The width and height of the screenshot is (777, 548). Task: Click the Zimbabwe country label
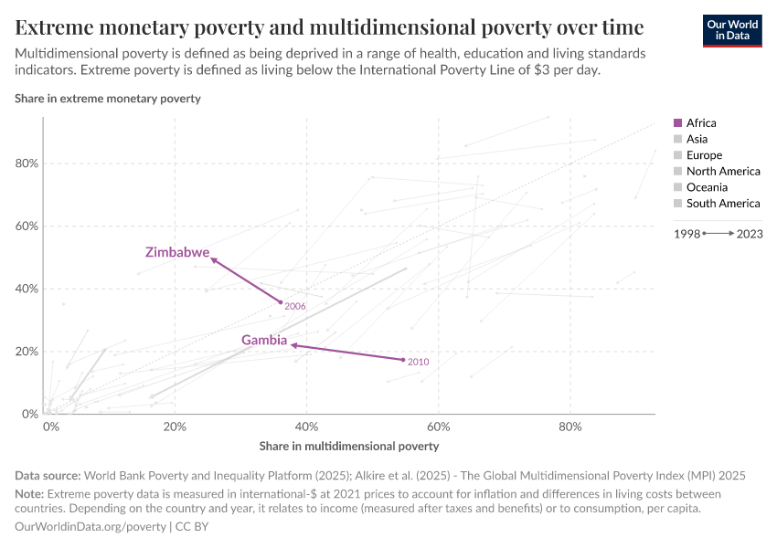177,252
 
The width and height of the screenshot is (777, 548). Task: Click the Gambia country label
264,341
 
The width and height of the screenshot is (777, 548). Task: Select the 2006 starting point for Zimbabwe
281,302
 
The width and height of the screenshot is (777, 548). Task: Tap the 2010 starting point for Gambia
403,360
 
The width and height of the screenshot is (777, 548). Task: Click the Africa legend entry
700,122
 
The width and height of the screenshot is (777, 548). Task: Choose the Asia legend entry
696,139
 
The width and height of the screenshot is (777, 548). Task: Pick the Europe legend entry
703,155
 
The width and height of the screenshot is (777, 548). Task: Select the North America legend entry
722,171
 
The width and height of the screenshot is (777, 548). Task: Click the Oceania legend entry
706,187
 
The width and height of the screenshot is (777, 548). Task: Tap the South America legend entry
722,204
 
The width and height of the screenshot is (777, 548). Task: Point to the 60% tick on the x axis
439,427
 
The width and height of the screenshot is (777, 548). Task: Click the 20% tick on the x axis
175,427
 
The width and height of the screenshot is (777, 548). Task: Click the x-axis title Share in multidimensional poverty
349,447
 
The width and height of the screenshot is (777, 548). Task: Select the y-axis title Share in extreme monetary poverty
108,98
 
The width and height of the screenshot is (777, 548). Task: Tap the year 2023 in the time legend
750,234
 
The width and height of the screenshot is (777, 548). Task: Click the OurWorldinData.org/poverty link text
90,527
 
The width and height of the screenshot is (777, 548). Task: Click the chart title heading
329,26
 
